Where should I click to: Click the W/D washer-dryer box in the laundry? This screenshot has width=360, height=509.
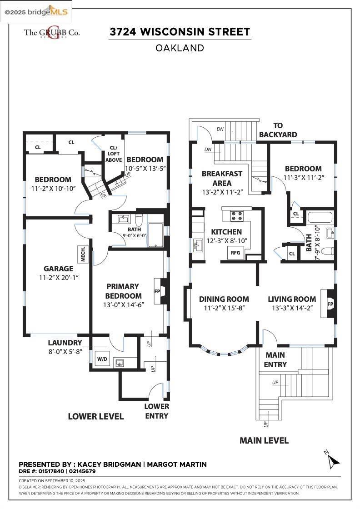102,359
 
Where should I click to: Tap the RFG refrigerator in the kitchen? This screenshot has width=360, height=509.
235,253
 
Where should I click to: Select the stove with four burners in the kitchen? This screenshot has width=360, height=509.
237,216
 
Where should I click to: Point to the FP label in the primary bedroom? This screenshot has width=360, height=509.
157,291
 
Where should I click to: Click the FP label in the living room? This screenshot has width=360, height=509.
330,304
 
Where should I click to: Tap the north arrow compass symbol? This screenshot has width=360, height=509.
332,459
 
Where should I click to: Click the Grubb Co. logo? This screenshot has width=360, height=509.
52,32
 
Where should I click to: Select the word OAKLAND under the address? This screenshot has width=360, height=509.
180,48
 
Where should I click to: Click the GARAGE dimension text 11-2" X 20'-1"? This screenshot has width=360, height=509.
59,278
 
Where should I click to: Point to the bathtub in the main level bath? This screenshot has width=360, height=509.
320,217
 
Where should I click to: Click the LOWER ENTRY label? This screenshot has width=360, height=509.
157,411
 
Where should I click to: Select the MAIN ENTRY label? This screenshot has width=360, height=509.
275,359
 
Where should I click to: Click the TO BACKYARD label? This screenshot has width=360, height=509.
278,130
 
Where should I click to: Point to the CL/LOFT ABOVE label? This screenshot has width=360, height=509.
114,154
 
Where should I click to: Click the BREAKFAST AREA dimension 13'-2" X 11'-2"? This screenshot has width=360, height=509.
222,192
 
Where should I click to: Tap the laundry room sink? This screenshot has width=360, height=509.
120,363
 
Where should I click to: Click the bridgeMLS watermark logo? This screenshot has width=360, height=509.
36,12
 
